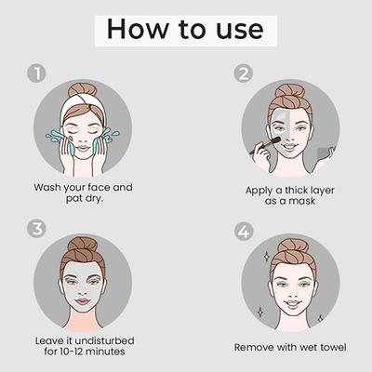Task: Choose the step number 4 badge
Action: pos(245,229)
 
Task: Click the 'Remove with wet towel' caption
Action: pos(291,346)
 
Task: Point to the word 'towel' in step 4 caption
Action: pos(329,346)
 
